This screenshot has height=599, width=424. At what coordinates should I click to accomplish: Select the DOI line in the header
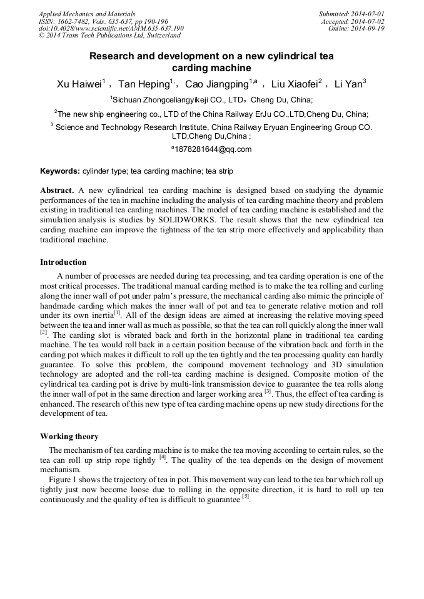point(111,28)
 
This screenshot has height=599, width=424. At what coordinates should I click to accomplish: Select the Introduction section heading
point(63,262)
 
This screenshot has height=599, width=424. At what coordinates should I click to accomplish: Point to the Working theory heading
point(69,437)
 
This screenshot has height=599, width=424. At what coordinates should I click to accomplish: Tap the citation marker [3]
point(267,392)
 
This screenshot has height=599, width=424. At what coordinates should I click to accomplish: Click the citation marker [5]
point(246,497)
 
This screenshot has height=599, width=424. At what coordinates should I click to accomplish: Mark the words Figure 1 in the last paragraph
point(64,479)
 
